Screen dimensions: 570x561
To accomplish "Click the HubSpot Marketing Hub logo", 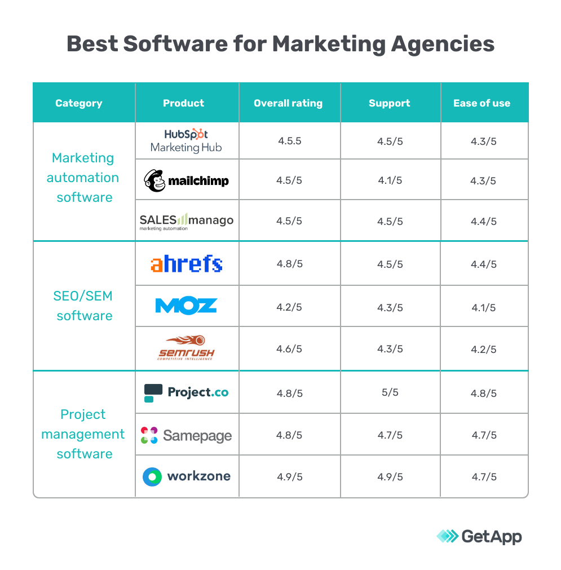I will point(186,141).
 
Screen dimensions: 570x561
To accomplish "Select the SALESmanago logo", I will point(186,220).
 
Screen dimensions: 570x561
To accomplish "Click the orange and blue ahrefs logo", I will point(186,264).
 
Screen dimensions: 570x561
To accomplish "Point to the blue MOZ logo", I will point(186,306).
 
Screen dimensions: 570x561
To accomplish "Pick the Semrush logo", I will point(186,348).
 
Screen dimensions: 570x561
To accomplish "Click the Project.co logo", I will point(186,392).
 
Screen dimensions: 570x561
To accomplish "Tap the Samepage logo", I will point(186,435).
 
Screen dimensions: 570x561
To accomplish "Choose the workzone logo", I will point(186,476).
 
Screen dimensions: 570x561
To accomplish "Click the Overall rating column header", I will point(288,103).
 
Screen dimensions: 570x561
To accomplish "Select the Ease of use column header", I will point(482,103).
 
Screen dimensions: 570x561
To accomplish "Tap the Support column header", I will point(390,103).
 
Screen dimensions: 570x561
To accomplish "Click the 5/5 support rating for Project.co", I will point(390,392).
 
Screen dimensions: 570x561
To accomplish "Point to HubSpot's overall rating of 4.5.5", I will point(289,140).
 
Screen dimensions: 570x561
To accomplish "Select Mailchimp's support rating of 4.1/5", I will point(390,180).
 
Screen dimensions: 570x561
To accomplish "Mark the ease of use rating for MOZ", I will point(483,308).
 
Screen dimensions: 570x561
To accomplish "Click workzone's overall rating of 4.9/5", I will point(289,477).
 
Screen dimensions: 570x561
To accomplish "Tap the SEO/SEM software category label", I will point(84,306).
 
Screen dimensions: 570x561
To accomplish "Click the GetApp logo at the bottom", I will point(480,536).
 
